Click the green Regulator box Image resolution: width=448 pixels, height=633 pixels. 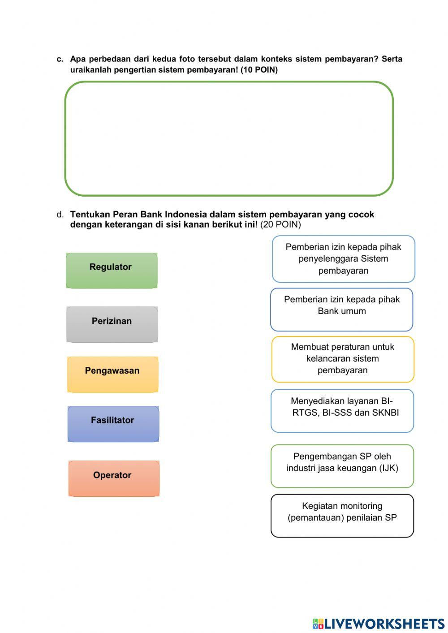112,270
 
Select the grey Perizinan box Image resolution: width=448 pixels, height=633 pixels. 112,324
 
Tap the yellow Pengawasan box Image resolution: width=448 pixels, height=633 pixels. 112,374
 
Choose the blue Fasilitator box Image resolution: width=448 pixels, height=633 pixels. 113,424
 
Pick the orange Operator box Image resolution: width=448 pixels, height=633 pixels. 114,478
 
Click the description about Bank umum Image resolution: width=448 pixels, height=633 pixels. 341,309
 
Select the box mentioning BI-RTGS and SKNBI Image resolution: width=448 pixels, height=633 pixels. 342,410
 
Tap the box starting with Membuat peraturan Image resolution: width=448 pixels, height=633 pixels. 343,359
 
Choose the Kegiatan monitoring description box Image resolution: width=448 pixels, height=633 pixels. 342,515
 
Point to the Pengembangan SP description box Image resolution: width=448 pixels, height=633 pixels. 342,465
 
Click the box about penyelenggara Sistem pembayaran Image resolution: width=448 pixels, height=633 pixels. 343,259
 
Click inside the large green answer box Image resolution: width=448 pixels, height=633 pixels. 229,138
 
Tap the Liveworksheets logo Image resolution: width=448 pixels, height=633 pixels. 379,623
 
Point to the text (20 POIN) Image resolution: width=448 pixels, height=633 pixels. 280,224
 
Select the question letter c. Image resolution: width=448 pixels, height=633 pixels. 60,59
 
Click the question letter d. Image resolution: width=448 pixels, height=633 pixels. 60,215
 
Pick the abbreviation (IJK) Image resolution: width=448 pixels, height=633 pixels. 388,468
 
